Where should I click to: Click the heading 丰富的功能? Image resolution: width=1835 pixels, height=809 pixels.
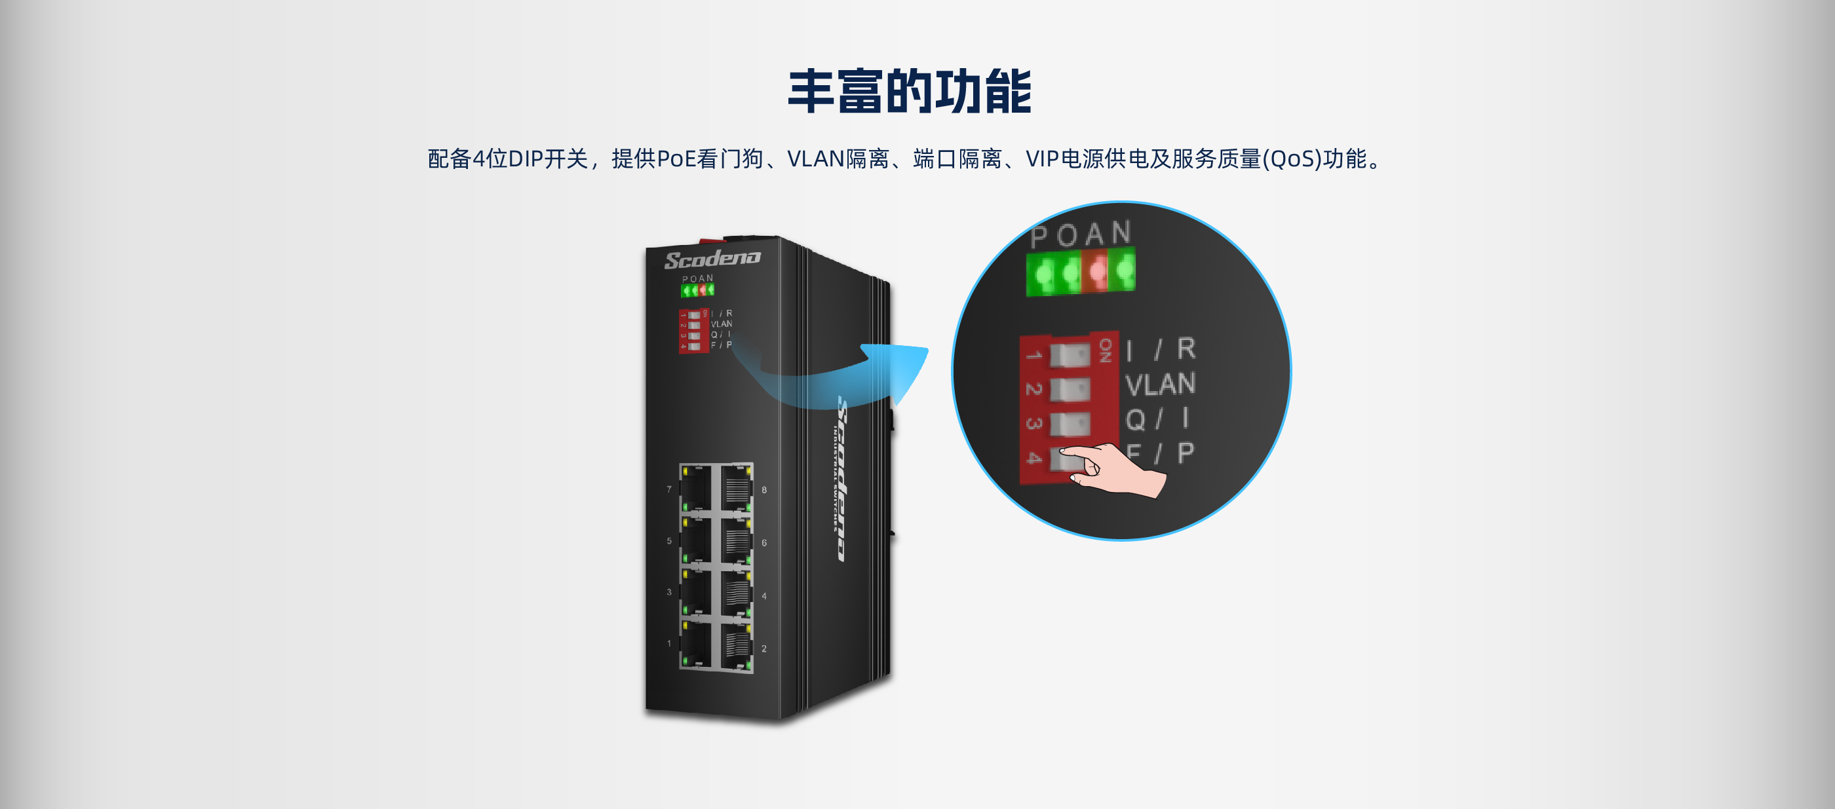[909, 92]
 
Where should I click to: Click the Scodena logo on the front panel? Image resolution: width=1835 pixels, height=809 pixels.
[712, 259]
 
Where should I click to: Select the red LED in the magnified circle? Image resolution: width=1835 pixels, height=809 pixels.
[1097, 272]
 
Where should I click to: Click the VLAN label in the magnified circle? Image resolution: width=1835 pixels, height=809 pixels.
[1160, 385]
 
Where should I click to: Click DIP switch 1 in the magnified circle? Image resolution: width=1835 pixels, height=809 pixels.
[1070, 354]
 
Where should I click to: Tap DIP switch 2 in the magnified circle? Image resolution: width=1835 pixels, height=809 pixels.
[1070, 389]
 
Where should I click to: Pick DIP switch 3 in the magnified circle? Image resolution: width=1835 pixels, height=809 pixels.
[1070, 424]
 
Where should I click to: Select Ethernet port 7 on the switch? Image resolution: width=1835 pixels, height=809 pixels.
[696, 488]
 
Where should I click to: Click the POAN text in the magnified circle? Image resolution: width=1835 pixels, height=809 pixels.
[1081, 235]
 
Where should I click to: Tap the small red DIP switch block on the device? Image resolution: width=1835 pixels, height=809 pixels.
[693, 329]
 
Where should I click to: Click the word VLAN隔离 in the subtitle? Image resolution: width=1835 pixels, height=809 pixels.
[838, 159]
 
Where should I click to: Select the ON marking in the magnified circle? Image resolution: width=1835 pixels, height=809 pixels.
[1105, 350]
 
